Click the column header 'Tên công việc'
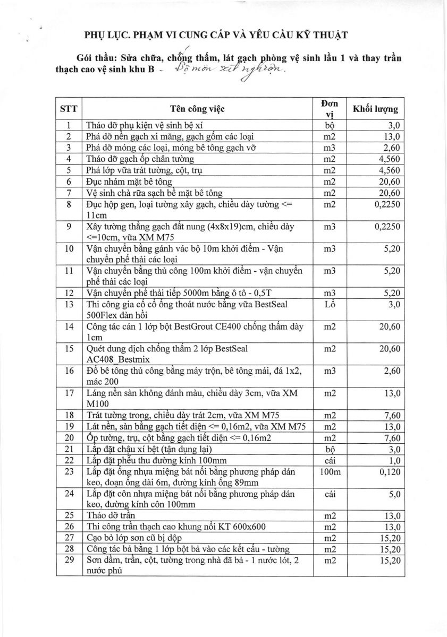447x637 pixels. pyautogui.click(x=198, y=109)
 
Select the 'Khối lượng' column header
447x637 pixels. pyautogui.click(x=375, y=109)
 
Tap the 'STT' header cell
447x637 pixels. pyautogui.click(x=69, y=109)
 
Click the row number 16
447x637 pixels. pyautogui.click(x=69, y=371)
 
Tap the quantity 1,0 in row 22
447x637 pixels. pyautogui.click(x=394, y=460)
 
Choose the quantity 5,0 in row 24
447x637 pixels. pyautogui.click(x=394, y=494)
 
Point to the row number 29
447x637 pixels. pyautogui.click(x=69, y=560)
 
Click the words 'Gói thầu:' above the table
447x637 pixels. pyautogui.click(x=96, y=58)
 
